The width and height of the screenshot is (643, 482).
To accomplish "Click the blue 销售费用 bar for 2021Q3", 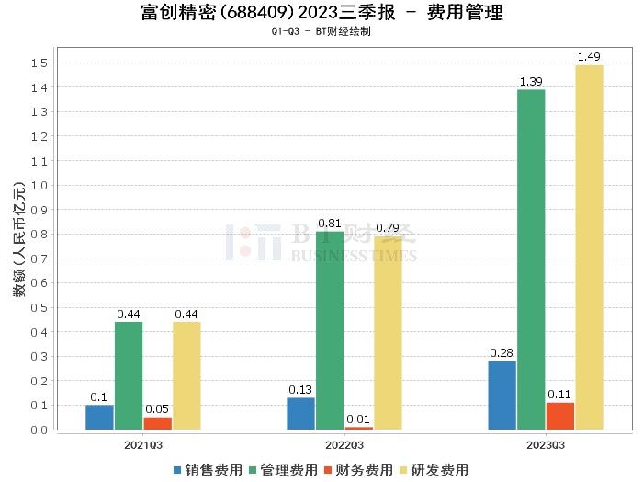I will [99, 417].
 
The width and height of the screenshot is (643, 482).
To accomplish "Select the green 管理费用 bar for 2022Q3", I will [330, 330].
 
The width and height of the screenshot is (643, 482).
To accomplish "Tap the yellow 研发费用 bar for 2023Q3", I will [589, 247].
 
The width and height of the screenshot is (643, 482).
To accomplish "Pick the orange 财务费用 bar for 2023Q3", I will [559, 416].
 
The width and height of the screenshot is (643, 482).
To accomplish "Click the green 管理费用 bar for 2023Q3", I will [531, 259].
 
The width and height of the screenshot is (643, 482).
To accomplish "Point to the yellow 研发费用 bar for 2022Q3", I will [388, 333].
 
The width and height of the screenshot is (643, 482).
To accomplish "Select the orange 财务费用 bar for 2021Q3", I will [157, 423].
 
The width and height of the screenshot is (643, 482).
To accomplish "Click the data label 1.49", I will [589, 57].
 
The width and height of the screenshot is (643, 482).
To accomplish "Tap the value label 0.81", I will [330, 223].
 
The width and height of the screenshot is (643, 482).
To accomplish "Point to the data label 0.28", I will [502, 352].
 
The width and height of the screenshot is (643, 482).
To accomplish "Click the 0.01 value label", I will [359, 419].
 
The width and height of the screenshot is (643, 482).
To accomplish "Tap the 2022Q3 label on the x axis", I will [344, 443].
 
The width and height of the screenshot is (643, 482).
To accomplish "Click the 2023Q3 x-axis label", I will [546, 443].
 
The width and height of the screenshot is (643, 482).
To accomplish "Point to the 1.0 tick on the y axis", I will [39, 185].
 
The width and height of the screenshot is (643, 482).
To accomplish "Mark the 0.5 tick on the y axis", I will [39, 307].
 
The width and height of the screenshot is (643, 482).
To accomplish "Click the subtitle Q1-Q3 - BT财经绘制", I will [321, 31].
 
